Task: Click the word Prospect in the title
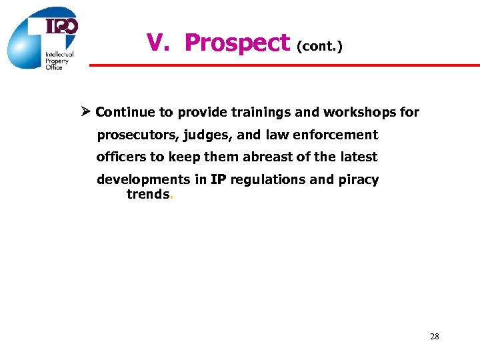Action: click(237, 43)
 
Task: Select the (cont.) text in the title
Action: click(321, 47)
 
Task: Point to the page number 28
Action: click(435, 337)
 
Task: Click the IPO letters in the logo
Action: click(61, 26)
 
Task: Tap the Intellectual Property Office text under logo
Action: click(59, 60)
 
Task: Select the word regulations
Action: click(263, 180)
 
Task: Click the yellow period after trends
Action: click(172, 197)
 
